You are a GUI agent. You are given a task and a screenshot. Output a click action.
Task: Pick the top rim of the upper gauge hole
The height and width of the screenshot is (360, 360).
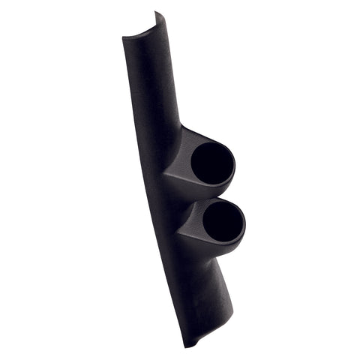click(x=214, y=142)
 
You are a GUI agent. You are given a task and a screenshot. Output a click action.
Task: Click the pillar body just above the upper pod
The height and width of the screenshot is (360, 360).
click(x=161, y=105)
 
